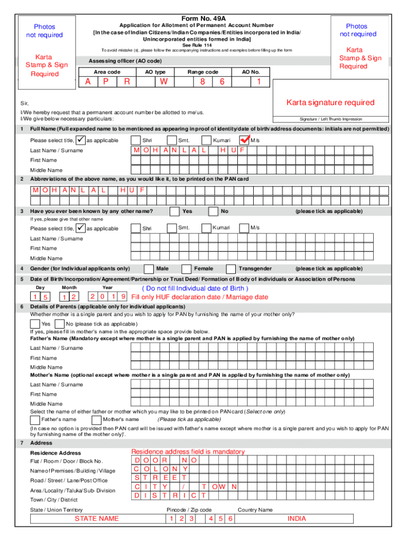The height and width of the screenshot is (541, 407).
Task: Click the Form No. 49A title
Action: pos(203,18)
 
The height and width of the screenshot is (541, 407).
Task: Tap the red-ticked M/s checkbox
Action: pos(244,140)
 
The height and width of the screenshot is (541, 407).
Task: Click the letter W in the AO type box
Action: pos(164,82)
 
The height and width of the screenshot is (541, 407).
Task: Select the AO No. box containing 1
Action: pos(258,82)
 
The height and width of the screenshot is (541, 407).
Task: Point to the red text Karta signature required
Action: pos(330,102)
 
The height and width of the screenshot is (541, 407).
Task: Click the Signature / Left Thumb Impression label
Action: pos(331,119)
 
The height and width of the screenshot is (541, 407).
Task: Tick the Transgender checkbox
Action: pos(230,268)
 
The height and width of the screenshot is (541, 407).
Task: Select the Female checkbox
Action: pos(186,268)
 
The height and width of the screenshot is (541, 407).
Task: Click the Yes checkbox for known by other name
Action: pos(174,211)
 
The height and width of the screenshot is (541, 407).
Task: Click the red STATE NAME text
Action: pos(96,518)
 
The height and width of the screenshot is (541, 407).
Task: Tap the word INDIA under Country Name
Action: pos(297,518)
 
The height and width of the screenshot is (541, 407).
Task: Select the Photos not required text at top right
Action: pos(357,30)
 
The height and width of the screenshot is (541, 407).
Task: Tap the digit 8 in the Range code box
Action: pos(203,82)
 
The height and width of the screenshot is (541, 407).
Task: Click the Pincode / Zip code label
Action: pos(189,510)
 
